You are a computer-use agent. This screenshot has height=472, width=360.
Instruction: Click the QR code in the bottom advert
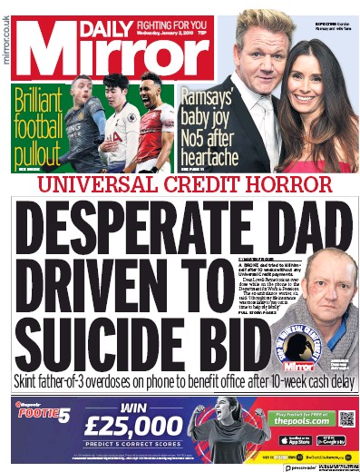[x=345, y=418]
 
